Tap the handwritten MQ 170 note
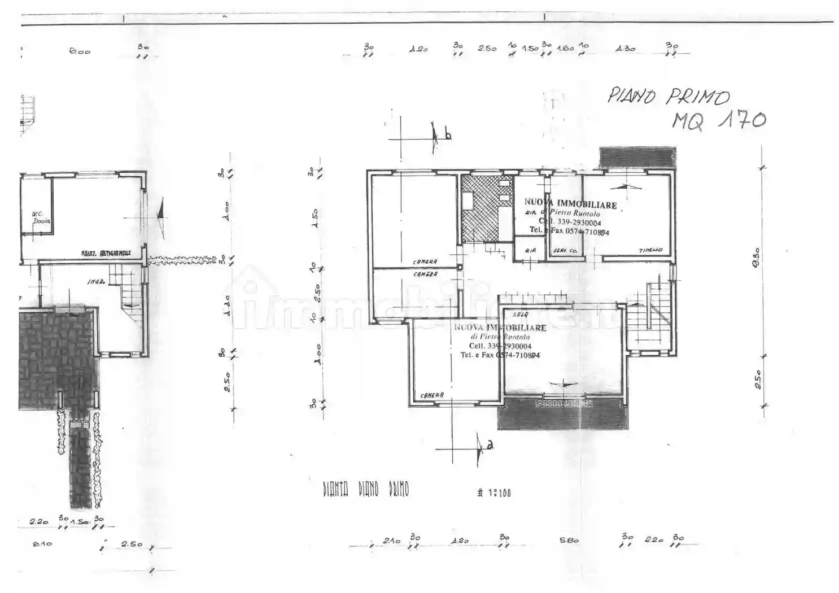click(718, 120)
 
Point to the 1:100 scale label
click(494, 492)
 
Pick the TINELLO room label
click(650, 250)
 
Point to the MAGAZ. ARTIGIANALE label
click(106, 254)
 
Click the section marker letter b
click(447, 136)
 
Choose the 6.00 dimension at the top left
click(80, 51)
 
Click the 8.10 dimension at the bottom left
click(43, 544)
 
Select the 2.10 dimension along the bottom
click(391, 540)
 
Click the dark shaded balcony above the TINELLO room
click(637, 157)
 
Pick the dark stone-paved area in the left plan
click(56, 356)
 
